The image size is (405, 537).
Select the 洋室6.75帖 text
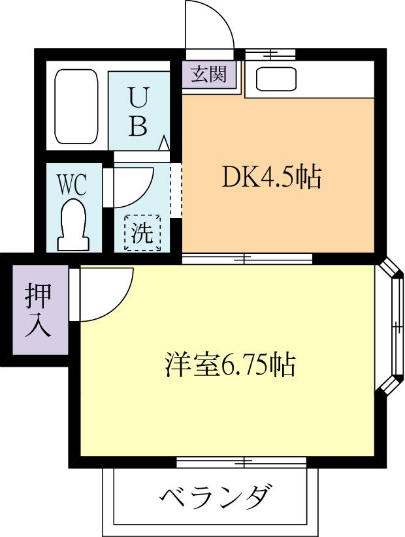(229, 365)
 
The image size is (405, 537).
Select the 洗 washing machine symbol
(143, 233)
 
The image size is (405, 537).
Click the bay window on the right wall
(394, 326)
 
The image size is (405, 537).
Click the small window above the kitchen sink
(268, 54)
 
